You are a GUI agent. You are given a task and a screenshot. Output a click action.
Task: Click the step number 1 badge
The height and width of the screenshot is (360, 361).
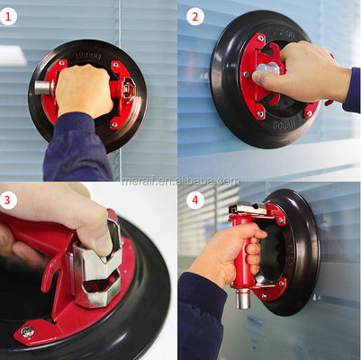coord(10,15)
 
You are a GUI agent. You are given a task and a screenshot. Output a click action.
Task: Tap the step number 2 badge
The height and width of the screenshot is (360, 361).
coord(194,15)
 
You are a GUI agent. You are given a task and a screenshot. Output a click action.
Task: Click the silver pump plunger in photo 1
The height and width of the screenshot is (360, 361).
coord(42,87)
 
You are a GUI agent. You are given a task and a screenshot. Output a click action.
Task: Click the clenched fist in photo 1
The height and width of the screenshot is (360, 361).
coord(86,90)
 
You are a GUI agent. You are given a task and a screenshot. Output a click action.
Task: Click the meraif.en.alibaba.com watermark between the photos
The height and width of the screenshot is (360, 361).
coord(180,180)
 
